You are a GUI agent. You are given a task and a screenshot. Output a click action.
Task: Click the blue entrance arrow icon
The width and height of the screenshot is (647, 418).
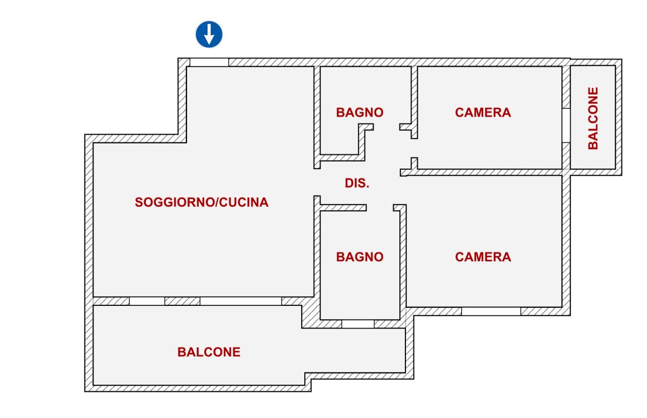[209, 34]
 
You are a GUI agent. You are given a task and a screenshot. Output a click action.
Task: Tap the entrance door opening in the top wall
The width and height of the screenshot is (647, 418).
[209, 62]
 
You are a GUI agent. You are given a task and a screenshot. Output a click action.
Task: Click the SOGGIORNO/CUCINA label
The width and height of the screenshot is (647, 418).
[201, 203]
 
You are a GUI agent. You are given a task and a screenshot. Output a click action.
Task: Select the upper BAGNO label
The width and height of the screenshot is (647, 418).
[359, 112]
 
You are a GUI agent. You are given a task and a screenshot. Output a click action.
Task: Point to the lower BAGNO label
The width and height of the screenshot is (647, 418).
[359, 257]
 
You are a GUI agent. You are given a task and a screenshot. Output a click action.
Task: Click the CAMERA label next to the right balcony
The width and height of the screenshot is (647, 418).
[483, 112]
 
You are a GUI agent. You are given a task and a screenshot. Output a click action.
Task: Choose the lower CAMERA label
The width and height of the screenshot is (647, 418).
[483, 257]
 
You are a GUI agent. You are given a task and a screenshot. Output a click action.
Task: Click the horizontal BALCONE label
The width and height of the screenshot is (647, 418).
[209, 352]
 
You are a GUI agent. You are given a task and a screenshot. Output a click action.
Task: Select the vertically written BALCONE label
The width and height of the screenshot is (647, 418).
[593, 118]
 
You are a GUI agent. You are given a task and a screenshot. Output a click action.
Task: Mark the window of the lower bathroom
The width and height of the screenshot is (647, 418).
[358, 324]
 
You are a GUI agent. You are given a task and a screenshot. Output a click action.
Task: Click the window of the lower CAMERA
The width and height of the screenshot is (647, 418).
[491, 311]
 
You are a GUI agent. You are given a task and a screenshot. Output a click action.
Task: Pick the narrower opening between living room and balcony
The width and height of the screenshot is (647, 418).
[147, 301]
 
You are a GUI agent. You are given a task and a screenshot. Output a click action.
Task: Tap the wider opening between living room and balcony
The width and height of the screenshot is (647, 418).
[241, 301]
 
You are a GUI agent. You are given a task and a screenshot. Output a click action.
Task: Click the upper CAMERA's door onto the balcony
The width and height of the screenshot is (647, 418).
[566, 125]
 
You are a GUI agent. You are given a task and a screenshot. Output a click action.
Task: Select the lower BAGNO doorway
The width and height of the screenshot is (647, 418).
[380, 208]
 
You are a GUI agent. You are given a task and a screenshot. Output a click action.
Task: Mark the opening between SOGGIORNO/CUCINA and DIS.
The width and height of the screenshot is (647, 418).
[317, 182]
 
